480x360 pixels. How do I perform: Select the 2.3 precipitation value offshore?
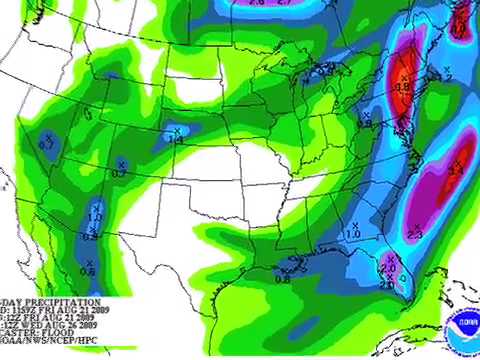tap(415, 233)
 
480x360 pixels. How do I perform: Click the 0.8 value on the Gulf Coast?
tap(282, 279)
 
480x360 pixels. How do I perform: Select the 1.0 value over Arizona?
tap(96, 216)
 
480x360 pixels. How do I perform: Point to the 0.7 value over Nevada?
tap(47, 147)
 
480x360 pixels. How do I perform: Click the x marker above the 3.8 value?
tap(404, 77)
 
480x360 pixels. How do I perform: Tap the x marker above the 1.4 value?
tap(177, 131)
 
